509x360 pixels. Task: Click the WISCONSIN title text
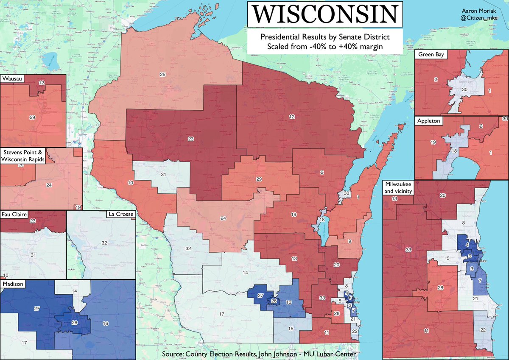pos(323,15)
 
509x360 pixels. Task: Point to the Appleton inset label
pos(428,120)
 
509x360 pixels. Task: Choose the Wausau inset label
pos(13,79)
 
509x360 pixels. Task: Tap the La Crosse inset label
pos(120,214)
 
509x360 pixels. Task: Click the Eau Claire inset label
pos(16,215)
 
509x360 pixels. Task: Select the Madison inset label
pos(13,283)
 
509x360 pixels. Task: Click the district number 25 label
pos(162,75)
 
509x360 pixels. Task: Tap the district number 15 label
pos(291,329)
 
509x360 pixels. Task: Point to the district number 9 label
pos(350,241)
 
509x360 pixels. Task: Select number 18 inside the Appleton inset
pos(453,151)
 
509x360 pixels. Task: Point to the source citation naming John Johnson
pos(259,354)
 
